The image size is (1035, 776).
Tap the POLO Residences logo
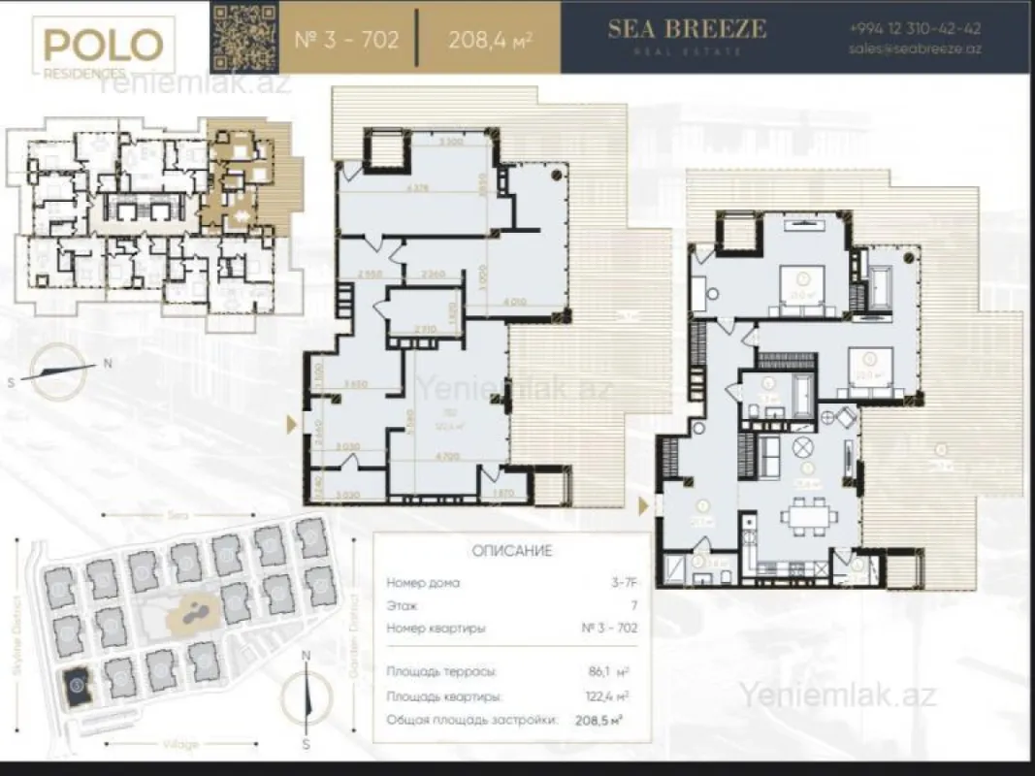(102, 49)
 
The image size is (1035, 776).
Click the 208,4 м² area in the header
(490, 41)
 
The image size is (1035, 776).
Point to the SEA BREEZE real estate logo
(686, 33)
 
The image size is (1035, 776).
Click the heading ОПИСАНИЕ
(511, 551)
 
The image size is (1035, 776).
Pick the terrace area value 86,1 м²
(609, 671)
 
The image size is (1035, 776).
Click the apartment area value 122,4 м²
(608, 695)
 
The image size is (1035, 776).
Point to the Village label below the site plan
(179, 744)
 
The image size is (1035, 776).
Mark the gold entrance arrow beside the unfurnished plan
(292, 423)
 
